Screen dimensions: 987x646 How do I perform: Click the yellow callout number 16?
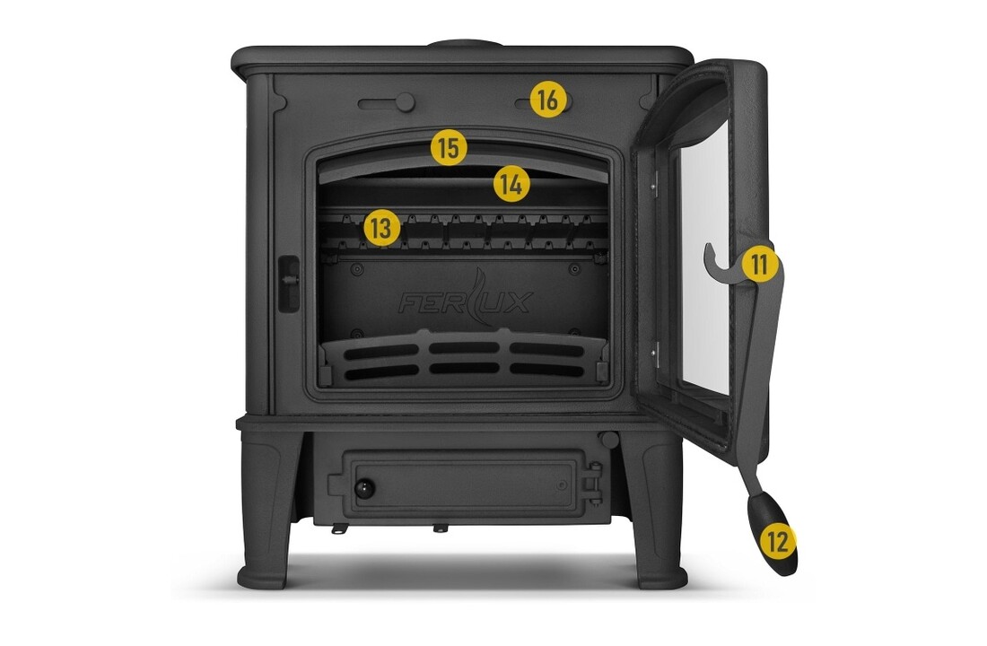(x=548, y=100)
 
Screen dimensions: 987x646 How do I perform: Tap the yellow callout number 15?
(x=449, y=148)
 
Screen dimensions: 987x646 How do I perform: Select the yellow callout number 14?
(x=511, y=184)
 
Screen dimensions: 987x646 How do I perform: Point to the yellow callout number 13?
(x=381, y=228)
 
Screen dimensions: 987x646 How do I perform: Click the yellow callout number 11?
(x=760, y=264)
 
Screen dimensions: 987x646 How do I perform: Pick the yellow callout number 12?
(x=778, y=541)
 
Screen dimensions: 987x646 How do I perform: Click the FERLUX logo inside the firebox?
(x=466, y=300)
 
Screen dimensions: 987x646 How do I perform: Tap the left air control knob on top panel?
(x=404, y=102)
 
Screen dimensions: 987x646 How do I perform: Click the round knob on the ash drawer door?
(x=364, y=488)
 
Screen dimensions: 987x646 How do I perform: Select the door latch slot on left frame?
(x=288, y=284)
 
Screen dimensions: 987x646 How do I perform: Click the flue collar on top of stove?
(x=466, y=44)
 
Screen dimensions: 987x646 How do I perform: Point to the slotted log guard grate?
(x=464, y=358)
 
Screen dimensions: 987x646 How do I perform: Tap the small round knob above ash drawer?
(x=608, y=439)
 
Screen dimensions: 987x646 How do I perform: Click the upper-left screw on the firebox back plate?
(x=357, y=269)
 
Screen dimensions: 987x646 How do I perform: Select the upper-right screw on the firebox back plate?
(x=574, y=269)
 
